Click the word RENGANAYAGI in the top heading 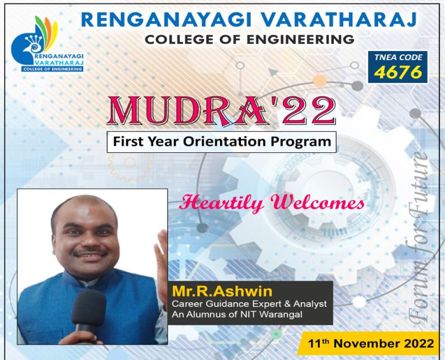point(154,19)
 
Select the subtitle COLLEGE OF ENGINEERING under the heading point(250,40)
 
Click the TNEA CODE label point(398,58)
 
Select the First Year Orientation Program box point(221,141)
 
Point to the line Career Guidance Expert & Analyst point(249,304)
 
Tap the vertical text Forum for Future point(420,237)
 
